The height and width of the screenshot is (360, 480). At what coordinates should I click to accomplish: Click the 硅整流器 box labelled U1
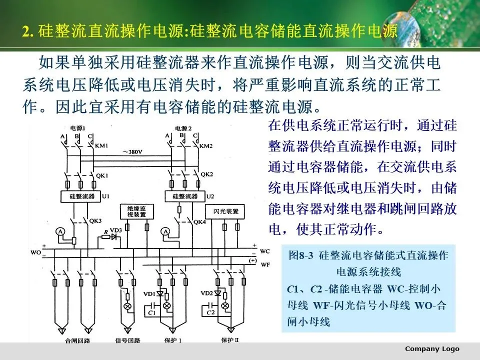coord(80,195)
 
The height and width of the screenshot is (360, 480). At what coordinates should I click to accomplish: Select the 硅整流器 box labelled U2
coord(184,195)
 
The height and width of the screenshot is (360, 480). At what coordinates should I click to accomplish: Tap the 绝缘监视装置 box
coord(133,211)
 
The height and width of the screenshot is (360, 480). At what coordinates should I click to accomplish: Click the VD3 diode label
coord(116,230)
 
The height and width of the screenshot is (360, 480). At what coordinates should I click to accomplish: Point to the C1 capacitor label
coord(152,312)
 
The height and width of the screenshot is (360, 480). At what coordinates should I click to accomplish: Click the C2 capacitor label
coord(211,312)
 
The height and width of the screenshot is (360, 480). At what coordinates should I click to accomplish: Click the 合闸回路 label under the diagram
coord(77,341)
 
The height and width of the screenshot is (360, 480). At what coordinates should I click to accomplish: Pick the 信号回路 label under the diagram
coord(127,341)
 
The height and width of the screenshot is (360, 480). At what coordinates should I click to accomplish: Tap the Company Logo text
coord(431,348)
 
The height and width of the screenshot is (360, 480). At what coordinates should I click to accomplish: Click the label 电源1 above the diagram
coord(77,128)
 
